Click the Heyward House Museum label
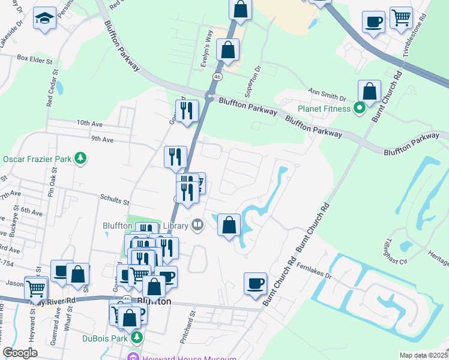click(186, 358)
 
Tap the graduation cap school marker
click(44, 19)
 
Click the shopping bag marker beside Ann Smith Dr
click(370, 92)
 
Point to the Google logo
click(20, 353)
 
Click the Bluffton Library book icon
click(197, 225)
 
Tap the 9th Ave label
click(102, 140)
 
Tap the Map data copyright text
click(423, 355)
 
